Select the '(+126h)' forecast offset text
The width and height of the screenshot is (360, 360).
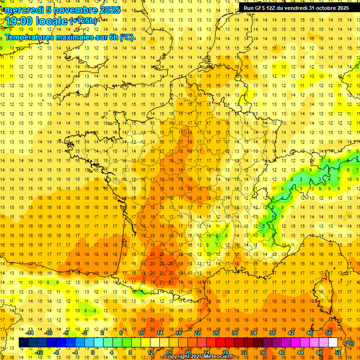point(83,21)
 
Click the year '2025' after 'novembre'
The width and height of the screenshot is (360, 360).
point(110,10)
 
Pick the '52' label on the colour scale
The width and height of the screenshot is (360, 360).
point(338,352)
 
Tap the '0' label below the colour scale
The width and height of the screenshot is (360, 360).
point(92,352)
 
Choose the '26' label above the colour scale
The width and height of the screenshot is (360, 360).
point(216,333)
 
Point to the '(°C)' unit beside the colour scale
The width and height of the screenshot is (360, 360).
point(349,343)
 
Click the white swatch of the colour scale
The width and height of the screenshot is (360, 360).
point(333,343)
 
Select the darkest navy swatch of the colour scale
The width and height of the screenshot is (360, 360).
point(23,343)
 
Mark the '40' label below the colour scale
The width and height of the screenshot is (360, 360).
point(282,352)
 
